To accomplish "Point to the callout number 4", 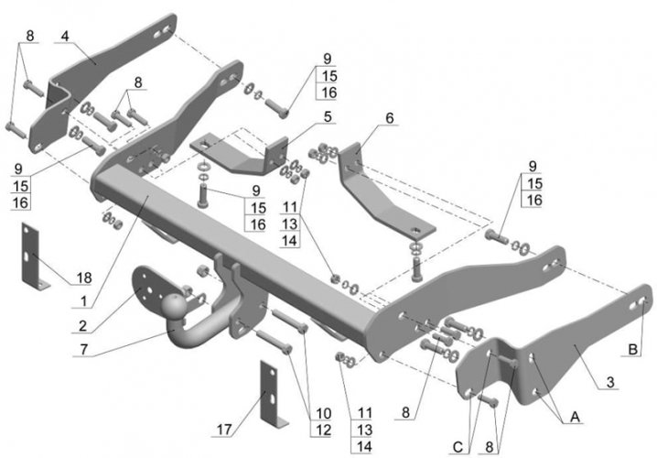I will [x=65, y=36].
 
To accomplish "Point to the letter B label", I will [x=631, y=347].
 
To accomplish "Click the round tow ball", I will [x=173, y=306].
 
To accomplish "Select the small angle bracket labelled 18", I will [x=33, y=256].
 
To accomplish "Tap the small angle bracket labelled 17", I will [x=271, y=394].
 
